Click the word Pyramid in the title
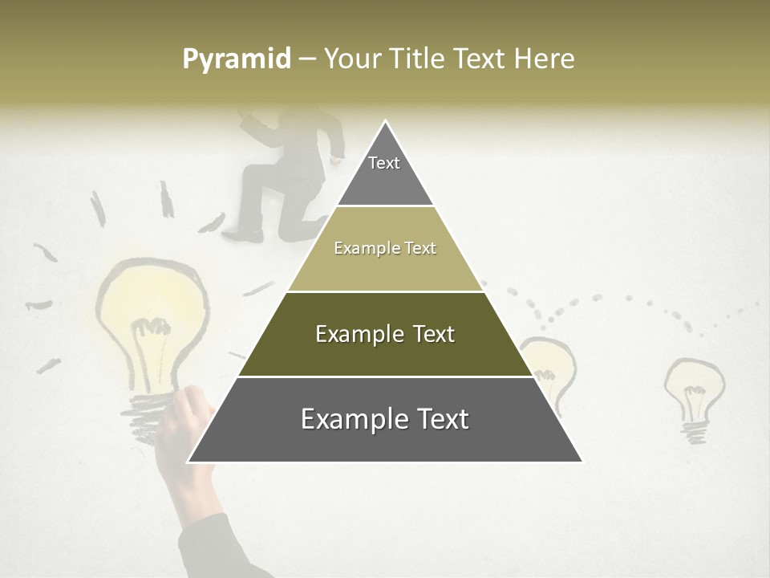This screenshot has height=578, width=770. tap(236, 59)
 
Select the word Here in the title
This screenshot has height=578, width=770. tap(545, 59)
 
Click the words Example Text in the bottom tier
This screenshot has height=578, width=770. tap(385, 420)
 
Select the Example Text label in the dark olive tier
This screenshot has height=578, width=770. tap(385, 335)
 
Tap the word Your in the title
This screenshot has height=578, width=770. tap(352, 59)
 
